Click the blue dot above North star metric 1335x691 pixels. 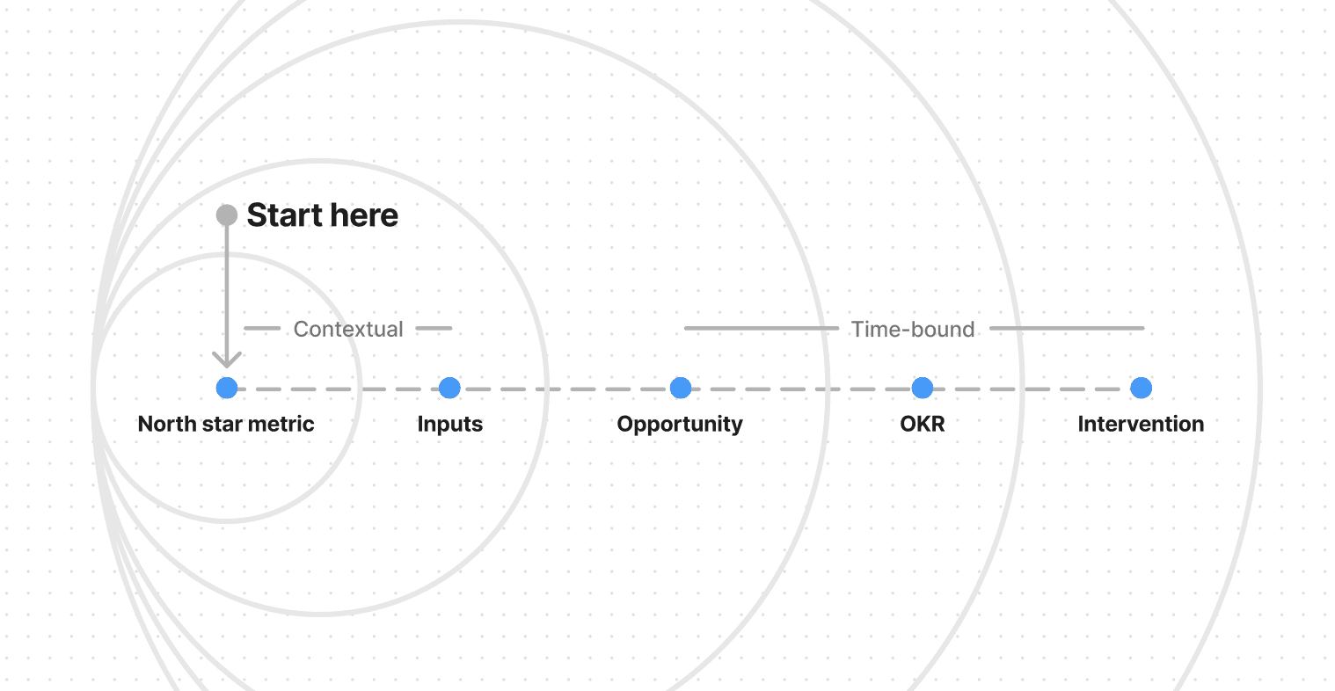coord(227,388)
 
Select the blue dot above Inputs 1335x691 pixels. coord(449,388)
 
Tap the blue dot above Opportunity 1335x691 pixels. coord(680,388)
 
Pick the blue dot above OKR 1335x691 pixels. coord(922,388)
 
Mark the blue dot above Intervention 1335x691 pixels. coord(1141,388)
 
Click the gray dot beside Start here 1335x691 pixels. coord(227,215)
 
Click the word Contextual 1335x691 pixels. coord(348,329)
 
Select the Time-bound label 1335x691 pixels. coord(913,329)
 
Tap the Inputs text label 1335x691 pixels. coord(449,424)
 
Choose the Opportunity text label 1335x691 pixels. coord(680,424)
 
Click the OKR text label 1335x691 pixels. coord(922,424)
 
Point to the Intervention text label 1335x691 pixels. coord(1141,424)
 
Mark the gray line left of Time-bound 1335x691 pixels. coord(761,328)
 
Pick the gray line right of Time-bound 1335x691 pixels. coord(1067,328)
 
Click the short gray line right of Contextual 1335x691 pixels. coord(434,328)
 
